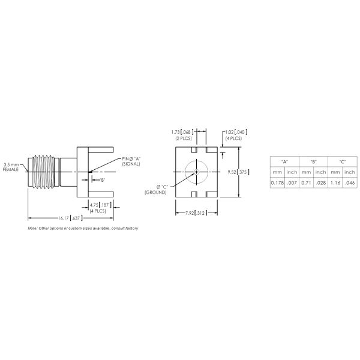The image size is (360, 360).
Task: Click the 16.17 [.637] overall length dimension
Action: [x=70, y=217]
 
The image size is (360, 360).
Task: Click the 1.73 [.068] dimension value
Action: [x=182, y=131]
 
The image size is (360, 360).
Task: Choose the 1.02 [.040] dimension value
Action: [x=234, y=131]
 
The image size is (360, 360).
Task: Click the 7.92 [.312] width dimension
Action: [x=196, y=212]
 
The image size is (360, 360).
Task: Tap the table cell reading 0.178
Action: [x=278, y=183]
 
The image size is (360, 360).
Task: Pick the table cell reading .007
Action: [x=292, y=183]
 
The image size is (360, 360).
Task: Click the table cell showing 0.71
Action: [x=306, y=183]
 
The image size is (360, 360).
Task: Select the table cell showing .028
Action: [x=321, y=183]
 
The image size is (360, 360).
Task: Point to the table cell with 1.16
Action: [x=335, y=183]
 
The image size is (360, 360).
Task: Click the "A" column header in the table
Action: [x=284, y=161]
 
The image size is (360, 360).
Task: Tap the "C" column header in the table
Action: [x=342, y=161]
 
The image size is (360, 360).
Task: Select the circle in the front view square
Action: [x=196, y=172]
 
